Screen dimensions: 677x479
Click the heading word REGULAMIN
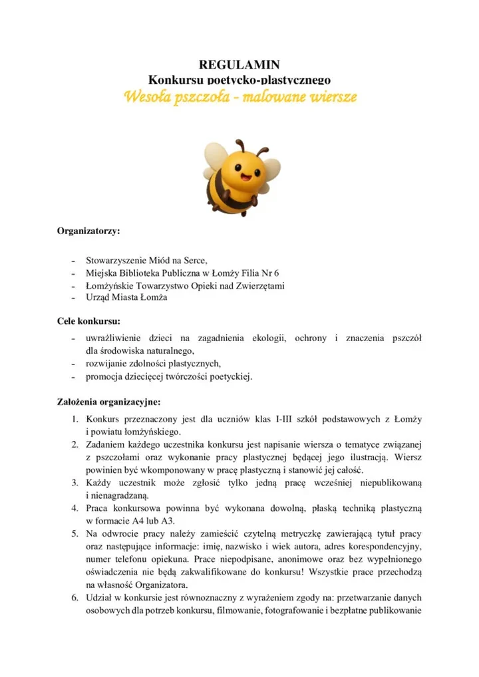(x=239, y=65)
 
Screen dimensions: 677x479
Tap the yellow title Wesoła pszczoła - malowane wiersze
(x=240, y=97)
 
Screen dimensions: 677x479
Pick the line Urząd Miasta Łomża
(x=126, y=297)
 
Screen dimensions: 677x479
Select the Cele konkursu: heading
(x=88, y=322)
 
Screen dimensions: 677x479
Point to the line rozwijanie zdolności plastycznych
(x=152, y=364)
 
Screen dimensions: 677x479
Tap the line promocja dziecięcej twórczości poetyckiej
(x=169, y=376)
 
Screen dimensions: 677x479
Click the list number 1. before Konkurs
(x=76, y=419)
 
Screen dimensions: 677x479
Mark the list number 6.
(x=76, y=598)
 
